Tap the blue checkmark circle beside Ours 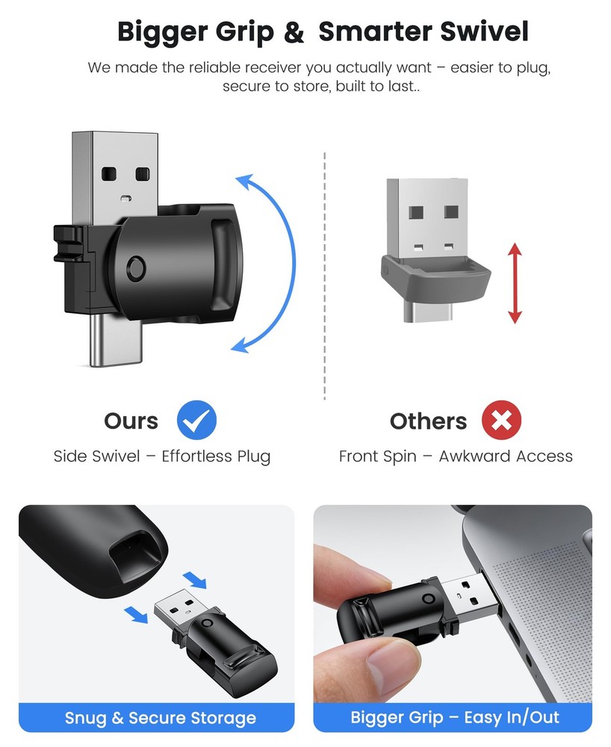tap(196, 421)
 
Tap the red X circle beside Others tap(500, 421)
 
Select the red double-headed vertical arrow tap(515, 283)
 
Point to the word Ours tap(131, 421)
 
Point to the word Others tap(428, 421)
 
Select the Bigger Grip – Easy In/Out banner tap(455, 719)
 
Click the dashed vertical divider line tap(325, 276)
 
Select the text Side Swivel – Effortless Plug tap(162, 456)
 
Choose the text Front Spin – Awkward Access tap(456, 456)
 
